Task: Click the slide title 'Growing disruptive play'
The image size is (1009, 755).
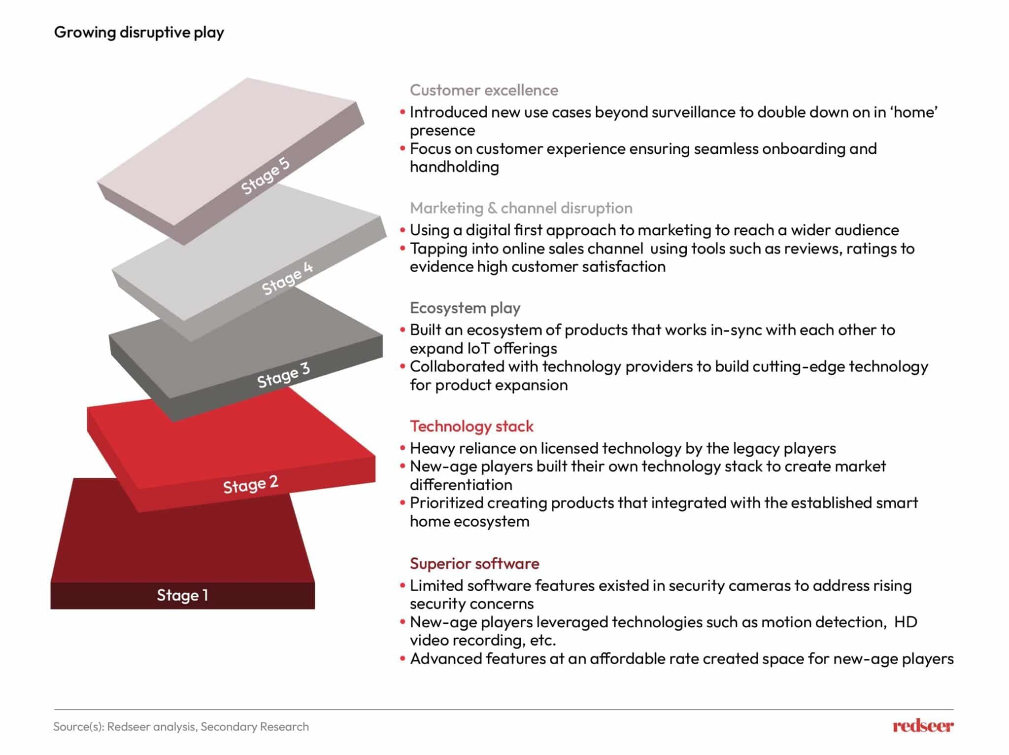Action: pos(139,32)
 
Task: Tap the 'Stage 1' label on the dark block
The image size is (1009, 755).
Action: pos(182,595)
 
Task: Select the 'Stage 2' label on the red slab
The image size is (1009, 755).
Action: pos(251,484)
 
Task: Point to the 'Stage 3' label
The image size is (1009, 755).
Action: pos(283,376)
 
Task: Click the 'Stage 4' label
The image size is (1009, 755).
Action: pos(287,279)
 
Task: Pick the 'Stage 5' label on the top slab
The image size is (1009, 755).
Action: pos(265,176)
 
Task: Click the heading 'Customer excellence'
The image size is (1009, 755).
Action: pos(484,90)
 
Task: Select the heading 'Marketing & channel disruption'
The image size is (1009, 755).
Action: pos(521,208)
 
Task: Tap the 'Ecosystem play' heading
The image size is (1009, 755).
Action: pos(465,308)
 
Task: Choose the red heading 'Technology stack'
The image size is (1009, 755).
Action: pos(471,426)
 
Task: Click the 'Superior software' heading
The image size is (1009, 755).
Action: pos(474,563)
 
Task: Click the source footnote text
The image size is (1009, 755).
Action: pos(181,726)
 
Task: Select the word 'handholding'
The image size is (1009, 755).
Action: pos(454,167)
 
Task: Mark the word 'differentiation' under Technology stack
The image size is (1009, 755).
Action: pos(461,485)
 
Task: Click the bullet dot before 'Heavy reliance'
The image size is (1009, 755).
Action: pos(403,448)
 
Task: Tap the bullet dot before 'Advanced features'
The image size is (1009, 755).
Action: pos(403,659)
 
